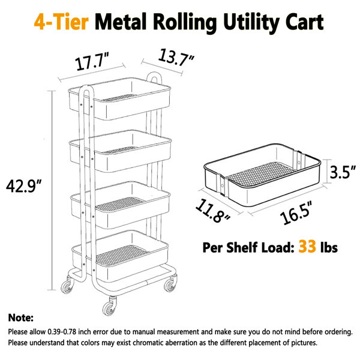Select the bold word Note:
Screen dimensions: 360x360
point(21,317)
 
